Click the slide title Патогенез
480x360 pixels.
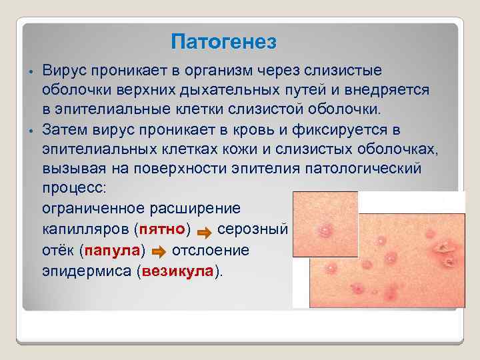point(223,42)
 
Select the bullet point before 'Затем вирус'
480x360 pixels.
point(31,129)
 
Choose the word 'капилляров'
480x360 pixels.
point(85,230)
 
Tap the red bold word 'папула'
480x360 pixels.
point(112,251)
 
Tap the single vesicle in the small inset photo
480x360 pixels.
point(325,231)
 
